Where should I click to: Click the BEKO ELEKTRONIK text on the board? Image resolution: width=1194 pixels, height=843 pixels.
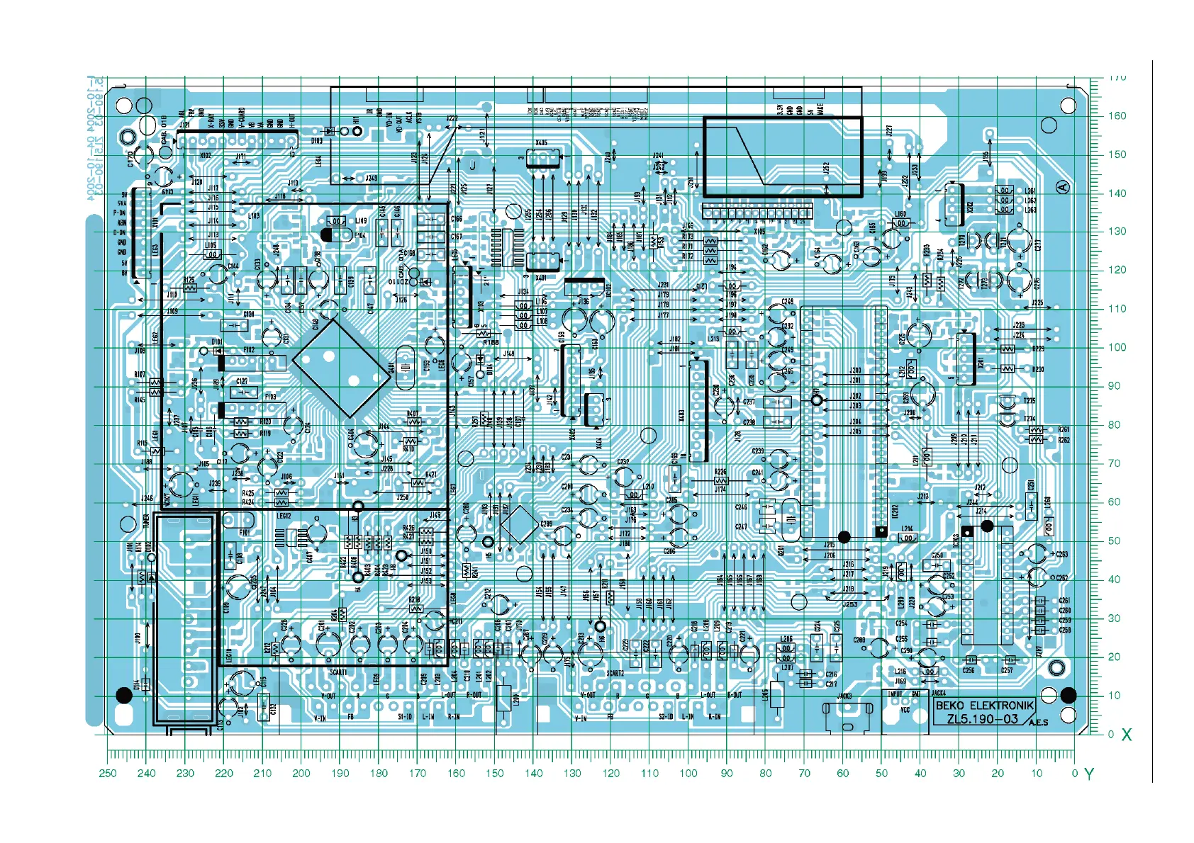984,706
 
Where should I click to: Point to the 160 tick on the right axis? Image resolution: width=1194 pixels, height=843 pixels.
1117,116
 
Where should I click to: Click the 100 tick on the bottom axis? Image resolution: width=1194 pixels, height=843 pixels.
688,773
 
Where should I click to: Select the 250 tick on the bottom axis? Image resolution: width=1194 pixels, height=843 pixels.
108,773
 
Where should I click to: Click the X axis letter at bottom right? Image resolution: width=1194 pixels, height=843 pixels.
1127,735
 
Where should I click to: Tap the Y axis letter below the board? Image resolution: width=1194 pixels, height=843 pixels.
1089,774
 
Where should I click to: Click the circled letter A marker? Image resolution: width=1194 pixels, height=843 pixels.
1062,187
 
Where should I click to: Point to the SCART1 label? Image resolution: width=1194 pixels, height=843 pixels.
339,672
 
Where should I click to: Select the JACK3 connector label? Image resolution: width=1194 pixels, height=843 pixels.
844,696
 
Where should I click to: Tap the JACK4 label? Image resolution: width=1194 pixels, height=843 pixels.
939,693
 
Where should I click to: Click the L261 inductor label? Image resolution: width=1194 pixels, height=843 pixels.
1030,191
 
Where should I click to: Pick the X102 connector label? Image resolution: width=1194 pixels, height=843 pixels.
205,155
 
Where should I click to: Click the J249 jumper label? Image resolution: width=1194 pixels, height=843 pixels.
371,179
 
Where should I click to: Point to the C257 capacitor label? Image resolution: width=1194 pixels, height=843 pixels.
1007,669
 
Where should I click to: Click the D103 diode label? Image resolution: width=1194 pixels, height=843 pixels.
317,141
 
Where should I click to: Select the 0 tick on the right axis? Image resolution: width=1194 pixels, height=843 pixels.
1111,734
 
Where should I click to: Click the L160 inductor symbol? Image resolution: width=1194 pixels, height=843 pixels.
901,223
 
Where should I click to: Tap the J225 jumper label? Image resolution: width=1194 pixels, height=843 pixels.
1037,302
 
